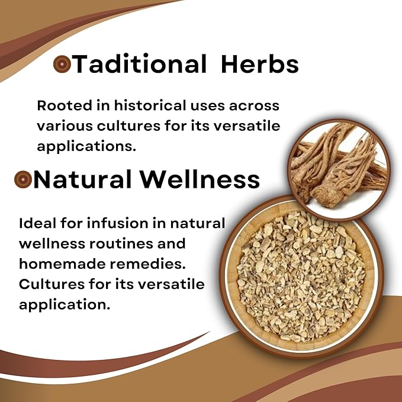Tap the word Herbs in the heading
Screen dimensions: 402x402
click(x=260, y=65)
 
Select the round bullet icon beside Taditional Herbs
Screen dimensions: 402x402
click(x=62, y=65)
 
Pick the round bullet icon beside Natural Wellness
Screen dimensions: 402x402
click(x=22, y=179)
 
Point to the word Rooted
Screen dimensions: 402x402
click(x=62, y=106)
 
